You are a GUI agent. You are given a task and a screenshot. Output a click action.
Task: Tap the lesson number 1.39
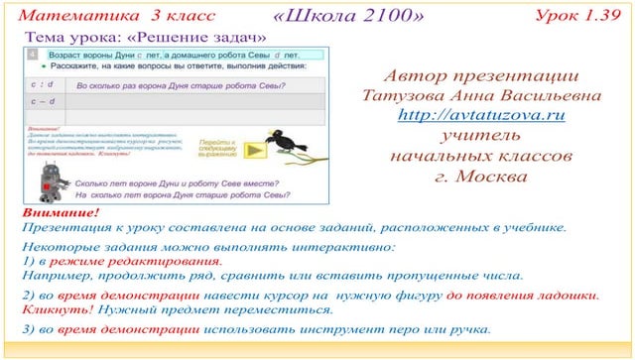pyautogui.click(x=598, y=16)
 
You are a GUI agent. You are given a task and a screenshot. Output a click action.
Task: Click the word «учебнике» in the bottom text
pyautogui.click(x=526, y=227)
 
